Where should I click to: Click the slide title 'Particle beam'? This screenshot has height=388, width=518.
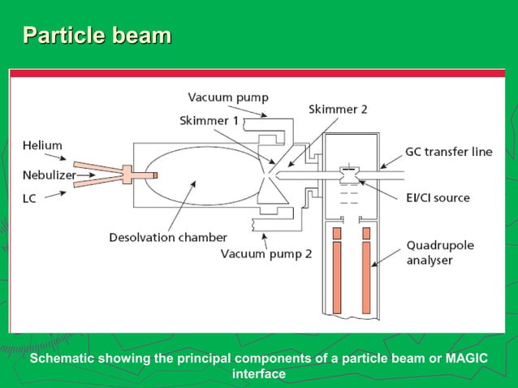(x=97, y=36)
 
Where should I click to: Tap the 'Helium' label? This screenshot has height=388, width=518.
(x=42, y=145)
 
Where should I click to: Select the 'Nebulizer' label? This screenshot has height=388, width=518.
(x=48, y=175)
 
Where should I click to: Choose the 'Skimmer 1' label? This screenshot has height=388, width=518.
(x=209, y=120)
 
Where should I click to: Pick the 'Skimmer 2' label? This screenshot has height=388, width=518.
(x=338, y=109)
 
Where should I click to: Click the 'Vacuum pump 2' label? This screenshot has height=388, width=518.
(x=266, y=253)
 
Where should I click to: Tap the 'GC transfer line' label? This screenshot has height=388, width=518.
(x=448, y=152)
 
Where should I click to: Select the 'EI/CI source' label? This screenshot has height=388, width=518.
(x=439, y=197)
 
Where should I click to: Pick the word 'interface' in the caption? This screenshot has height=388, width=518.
(x=259, y=373)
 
